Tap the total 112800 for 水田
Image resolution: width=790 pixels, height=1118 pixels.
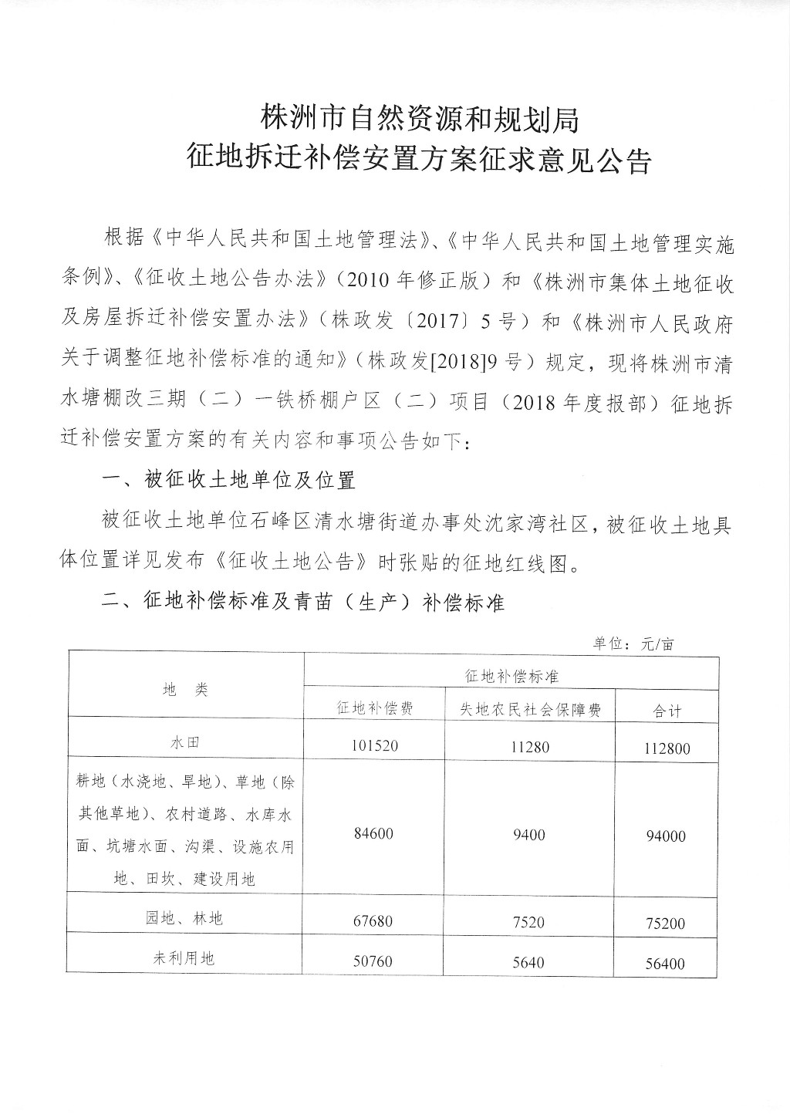click(x=665, y=748)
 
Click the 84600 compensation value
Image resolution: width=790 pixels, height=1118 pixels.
click(x=374, y=834)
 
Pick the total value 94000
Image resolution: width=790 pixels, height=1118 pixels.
click(x=665, y=836)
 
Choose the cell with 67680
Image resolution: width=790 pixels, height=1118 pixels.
click(x=374, y=920)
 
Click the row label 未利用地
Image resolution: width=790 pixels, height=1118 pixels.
click(x=185, y=958)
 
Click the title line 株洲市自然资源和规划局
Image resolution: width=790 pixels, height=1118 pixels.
click(x=419, y=119)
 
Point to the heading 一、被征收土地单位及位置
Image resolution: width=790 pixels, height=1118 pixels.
click(x=228, y=481)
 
